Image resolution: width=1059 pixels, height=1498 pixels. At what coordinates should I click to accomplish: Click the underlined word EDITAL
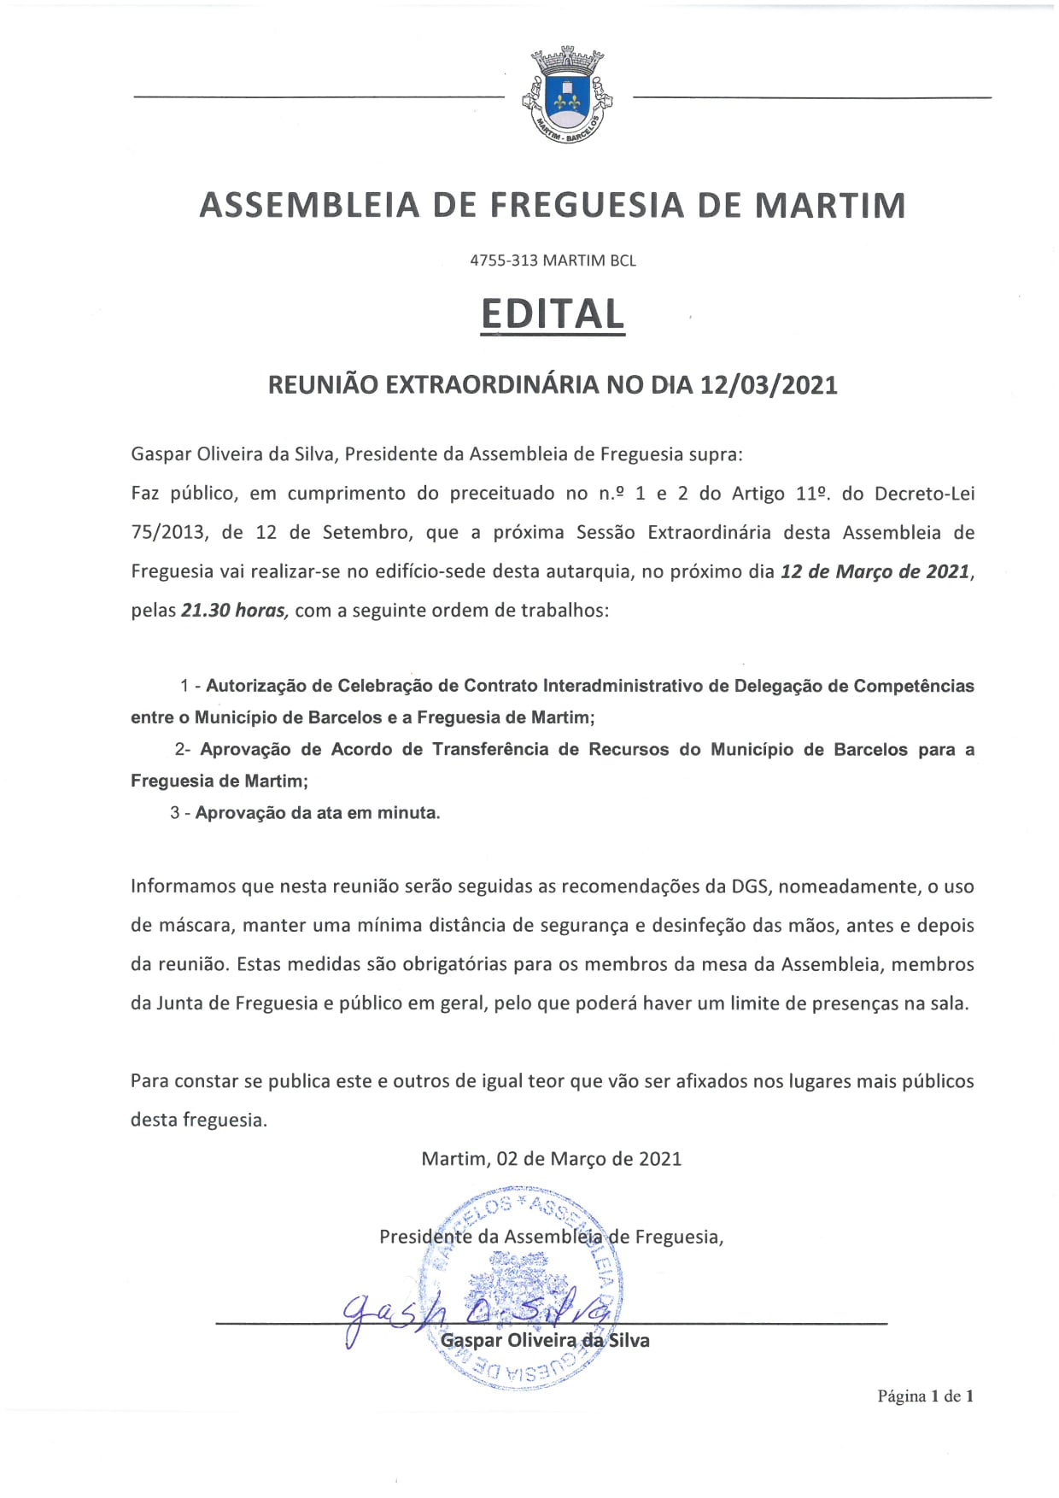coord(553,314)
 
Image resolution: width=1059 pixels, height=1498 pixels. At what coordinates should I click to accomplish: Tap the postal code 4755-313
coord(503,260)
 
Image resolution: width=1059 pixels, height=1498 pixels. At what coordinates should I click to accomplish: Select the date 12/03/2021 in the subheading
coord(769,385)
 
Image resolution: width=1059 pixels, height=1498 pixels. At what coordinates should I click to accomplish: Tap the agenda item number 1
coord(185,686)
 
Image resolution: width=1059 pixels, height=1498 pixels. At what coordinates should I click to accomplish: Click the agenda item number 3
coord(174,813)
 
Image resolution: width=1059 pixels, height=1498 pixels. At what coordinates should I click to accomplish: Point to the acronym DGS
coord(752,887)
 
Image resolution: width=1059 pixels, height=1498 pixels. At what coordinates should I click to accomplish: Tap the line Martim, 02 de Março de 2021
coord(552,1159)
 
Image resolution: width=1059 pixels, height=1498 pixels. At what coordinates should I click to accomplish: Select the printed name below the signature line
coord(545,1341)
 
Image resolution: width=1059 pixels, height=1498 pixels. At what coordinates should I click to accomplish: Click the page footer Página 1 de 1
coord(925,1396)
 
